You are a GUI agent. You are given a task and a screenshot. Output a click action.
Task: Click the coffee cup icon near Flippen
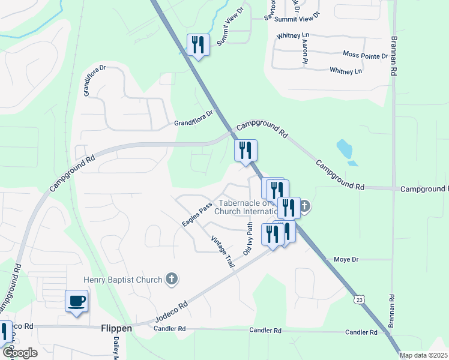click(76, 301)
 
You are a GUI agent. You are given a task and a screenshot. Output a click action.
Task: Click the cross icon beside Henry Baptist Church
click(172, 278)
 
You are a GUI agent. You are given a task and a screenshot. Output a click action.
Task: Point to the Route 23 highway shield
click(360, 299)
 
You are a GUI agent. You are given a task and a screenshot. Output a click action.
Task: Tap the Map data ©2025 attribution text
click(423, 355)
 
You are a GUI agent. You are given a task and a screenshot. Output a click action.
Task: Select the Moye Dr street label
click(346, 260)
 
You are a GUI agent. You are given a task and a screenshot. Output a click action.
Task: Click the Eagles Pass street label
click(197, 214)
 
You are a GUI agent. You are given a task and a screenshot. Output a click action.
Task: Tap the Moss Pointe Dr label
click(366, 55)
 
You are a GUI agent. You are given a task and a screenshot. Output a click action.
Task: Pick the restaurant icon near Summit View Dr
click(198, 44)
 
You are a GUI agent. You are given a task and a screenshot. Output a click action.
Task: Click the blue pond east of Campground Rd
click(345, 150)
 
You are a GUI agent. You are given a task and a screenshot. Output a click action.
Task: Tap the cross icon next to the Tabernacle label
click(304, 208)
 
